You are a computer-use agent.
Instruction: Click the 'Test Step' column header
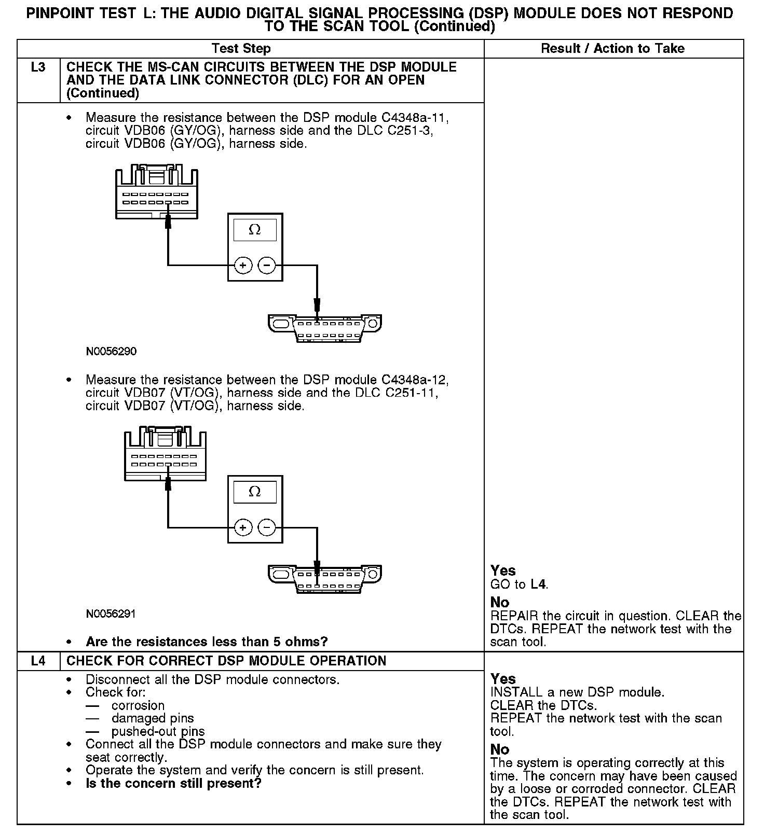[241, 49]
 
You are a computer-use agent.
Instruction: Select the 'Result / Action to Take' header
[612, 49]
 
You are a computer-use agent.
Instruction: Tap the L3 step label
[38, 67]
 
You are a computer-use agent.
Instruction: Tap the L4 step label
[38, 661]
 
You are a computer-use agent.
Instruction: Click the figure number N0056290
[111, 352]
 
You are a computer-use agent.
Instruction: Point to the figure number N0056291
[111, 614]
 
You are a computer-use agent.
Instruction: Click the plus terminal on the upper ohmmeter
[243, 266]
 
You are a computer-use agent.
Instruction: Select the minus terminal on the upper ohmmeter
[267, 266]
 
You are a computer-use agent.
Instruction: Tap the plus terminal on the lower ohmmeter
[243, 528]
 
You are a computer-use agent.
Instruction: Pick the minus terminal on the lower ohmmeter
[267, 528]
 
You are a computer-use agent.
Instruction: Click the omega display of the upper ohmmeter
[255, 230]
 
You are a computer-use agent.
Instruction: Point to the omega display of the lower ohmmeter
[255, 492]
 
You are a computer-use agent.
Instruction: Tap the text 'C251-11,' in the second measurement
[411, 393]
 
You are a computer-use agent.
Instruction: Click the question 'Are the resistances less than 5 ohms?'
[207, 642]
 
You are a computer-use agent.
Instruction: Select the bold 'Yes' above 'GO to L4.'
[503, 571]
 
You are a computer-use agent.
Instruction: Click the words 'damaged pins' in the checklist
[153, 718]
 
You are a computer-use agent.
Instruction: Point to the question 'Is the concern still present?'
[173, 783]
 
